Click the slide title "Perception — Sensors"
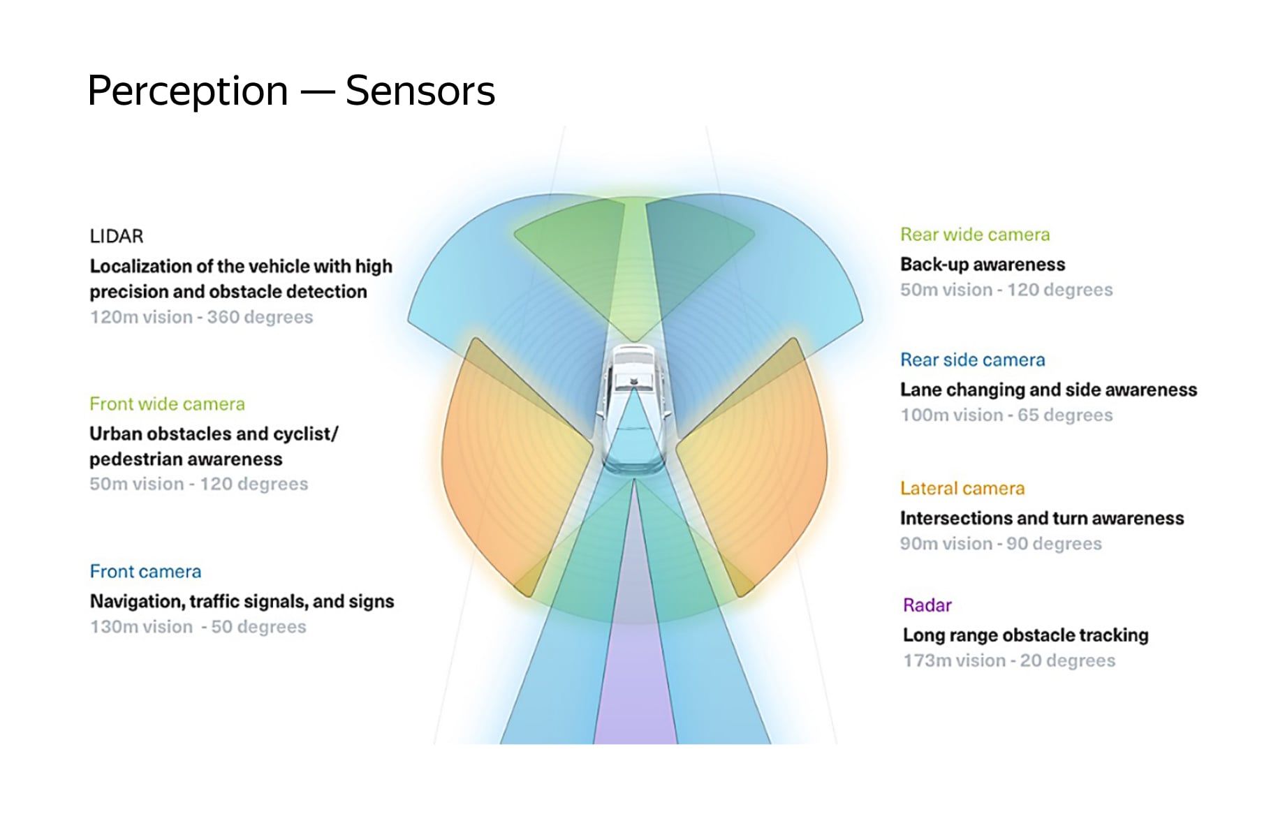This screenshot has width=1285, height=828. (291, 91)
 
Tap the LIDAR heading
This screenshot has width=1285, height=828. (117, 237)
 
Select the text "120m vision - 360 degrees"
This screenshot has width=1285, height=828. (201, 317)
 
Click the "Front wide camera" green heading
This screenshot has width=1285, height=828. (167, 404)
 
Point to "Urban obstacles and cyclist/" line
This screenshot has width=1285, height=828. (214, 434)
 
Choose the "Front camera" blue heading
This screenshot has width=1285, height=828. (145, 572)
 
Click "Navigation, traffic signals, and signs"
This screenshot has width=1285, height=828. (242, 602)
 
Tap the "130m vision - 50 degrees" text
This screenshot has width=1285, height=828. (198, 627)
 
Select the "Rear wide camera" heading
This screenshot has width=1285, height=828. (975, 235)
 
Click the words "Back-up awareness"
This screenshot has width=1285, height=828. (983, 265)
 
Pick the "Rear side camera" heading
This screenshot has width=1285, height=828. (973, 360)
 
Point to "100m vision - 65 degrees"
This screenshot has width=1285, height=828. (1006, 415)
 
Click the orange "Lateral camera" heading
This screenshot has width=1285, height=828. (962, 489)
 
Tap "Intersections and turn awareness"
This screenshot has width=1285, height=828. (1042, 519)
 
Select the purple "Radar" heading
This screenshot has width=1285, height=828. (927, 605)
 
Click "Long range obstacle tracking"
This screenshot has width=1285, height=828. (1026, 635)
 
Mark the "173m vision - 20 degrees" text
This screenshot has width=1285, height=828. (1009, 660)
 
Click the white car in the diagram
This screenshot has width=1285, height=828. (634, 410)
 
